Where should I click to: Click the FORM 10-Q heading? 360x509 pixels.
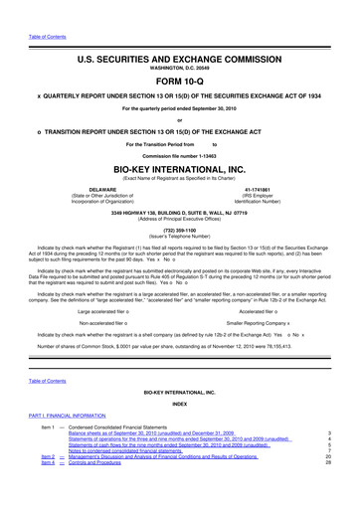tap(180, 80)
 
